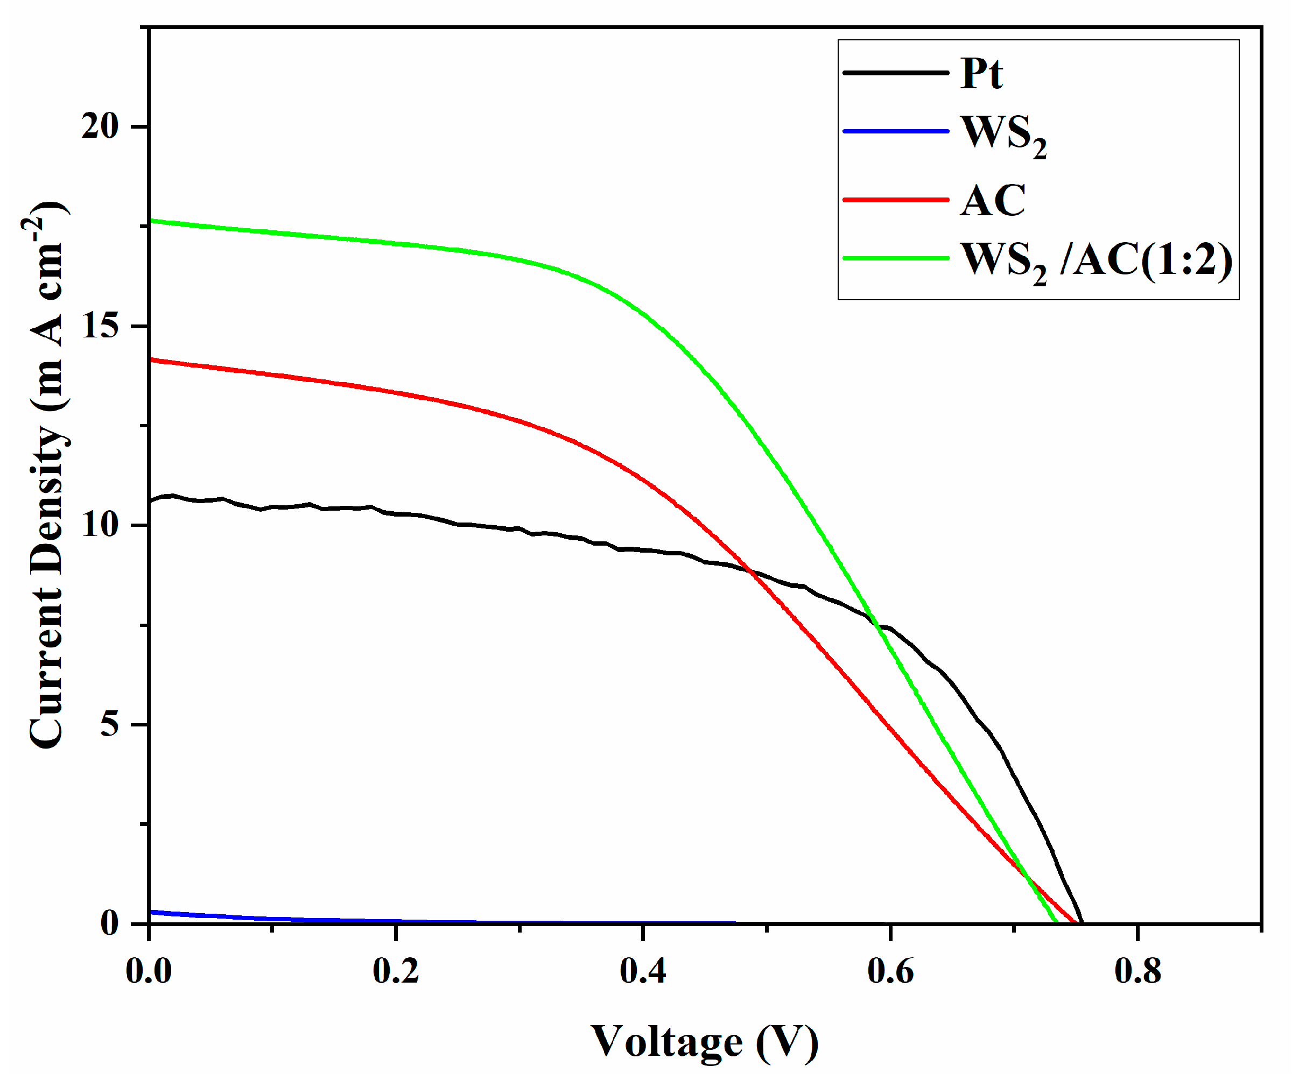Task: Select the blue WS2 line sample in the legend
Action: [x=895, y=131]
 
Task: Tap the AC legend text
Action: [x=992, y=201]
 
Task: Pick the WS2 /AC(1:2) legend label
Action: [x=1097, y=261]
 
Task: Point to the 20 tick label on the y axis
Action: [x=100, y=126]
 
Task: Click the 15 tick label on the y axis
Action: [x=100, y=326]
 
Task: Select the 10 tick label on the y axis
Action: [x=100, y=525]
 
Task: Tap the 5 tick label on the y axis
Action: [x=109, y=724]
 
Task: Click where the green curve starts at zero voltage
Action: [x=150, y=220]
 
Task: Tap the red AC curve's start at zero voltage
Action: [x=150, y=360]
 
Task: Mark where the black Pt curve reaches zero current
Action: [x=1082, y=922]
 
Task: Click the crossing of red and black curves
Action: [x=751, y=571]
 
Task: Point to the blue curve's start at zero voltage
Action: [x=150, y=912]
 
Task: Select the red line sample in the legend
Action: [x=895, y=200]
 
